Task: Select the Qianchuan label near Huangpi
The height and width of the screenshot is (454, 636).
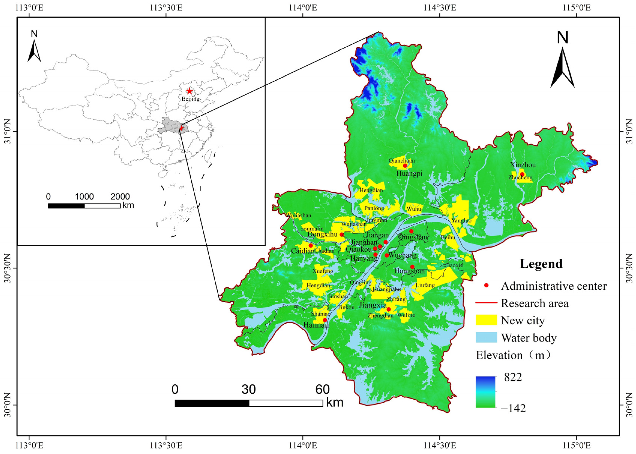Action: (402, 161)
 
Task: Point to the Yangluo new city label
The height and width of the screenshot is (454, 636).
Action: (461, 221)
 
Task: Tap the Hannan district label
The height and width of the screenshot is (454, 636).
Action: (316, 325)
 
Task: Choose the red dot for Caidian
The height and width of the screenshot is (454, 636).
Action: (310, 245)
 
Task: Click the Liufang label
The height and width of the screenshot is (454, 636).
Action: (425, 285)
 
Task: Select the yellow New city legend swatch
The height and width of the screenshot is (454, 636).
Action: (486, 320)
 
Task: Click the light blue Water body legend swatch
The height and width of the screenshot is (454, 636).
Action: (486, 337)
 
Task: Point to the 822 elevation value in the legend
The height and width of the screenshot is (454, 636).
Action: (513, 377)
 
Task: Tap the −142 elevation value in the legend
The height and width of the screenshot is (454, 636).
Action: (513, 408)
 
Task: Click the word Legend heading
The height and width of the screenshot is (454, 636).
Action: (541, 264)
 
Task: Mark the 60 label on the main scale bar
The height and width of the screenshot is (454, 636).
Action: (322, 389)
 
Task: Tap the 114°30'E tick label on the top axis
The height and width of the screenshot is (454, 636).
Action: (440, 7)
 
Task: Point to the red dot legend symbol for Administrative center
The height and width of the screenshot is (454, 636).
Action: (486, 285)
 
